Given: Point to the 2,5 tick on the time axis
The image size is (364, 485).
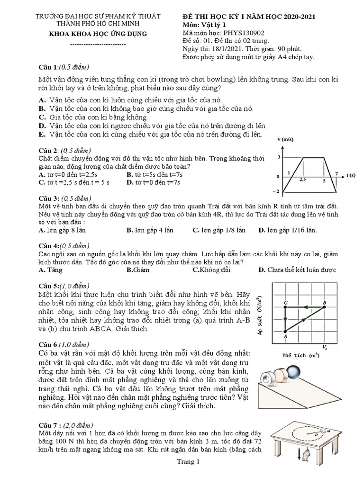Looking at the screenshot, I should point(302,180).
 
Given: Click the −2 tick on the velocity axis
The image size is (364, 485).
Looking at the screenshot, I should point(278,192).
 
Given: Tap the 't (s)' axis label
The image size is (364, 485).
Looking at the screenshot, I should point(351,175).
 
